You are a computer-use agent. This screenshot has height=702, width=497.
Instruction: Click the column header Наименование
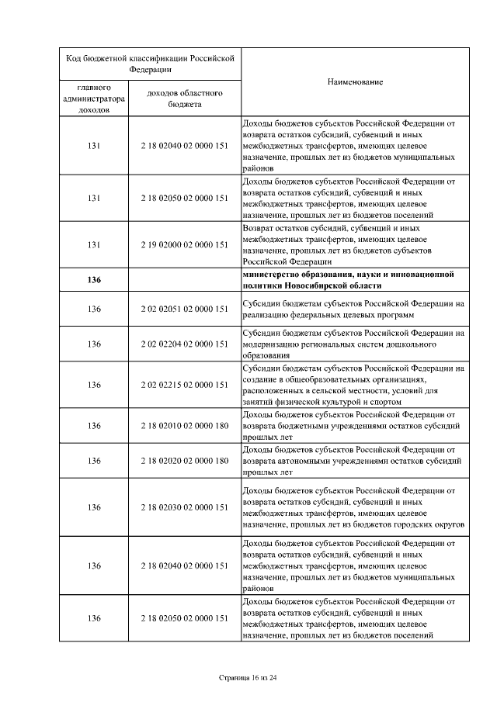[x=355, y=81]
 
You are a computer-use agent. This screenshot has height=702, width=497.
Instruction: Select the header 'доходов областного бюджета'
[x=184, y=99]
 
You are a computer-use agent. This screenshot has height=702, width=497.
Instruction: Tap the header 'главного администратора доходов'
[x=94, y=99]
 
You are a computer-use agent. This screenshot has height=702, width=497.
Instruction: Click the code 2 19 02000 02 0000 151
[x=184, y=244]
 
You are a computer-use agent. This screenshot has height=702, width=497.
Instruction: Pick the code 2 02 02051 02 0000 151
[x=184, y=309]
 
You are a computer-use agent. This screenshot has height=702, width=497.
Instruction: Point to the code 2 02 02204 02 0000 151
[x=184, y=344]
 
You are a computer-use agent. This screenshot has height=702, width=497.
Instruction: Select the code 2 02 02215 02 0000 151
[x=184, y=385]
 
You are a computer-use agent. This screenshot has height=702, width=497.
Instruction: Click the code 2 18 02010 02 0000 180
[x=184, y=425]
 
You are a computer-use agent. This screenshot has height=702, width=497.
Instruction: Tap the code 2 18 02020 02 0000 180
[x=184, y=460]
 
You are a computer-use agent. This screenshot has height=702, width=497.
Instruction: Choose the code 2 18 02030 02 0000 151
[x=184, y=507]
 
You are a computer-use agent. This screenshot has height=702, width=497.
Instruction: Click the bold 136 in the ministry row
[x=94, y=280]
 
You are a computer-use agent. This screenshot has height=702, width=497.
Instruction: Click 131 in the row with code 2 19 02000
[x=94, y=244]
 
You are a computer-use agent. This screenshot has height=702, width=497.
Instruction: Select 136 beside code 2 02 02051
[x=94, y=309]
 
